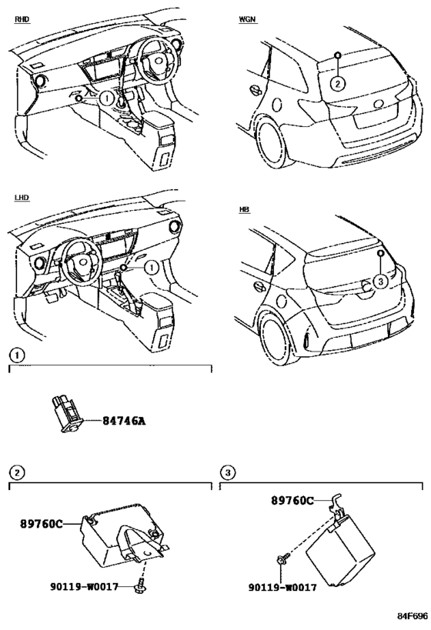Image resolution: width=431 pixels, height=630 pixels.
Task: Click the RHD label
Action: pyautogui.click(x=22, y=19)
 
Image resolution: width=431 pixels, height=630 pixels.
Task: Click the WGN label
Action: pyautogui.click(x=247, y=19)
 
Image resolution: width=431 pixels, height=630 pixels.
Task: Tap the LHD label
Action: pyautogui.click(x=22, y=198)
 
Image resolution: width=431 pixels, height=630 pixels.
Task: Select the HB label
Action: pyautogui.click(x=244, y=210)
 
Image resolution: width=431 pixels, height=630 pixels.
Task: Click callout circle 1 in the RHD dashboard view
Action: pyautogui.click(x=106, y=98)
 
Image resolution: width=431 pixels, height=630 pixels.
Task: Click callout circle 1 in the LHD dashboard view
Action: pyautogui.click(x=152, y=268)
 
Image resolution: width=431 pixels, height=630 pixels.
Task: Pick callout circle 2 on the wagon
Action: pyautogui.click(x=338, y=84)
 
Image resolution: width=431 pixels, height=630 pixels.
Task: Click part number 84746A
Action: pyautogui.click(x=123, y=421)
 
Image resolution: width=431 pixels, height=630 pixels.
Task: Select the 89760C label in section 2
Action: pyautogui.click(x=42, y=524)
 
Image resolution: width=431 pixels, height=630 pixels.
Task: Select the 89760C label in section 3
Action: pyautogui.click(x=292, y=501)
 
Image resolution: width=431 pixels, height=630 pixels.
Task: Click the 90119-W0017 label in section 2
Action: pyautogui.click(x=85, y=587)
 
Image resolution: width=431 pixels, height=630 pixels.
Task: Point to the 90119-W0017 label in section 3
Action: pyautogui.click(x=282, y=588)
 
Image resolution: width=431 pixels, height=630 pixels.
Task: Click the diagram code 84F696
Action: pyautogui.click(x=413, y=616)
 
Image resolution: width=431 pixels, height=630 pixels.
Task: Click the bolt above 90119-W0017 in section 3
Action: pyautogui.click(x=282, y=558)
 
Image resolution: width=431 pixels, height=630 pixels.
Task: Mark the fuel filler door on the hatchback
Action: pyautogui.click(x=281, y=301)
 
